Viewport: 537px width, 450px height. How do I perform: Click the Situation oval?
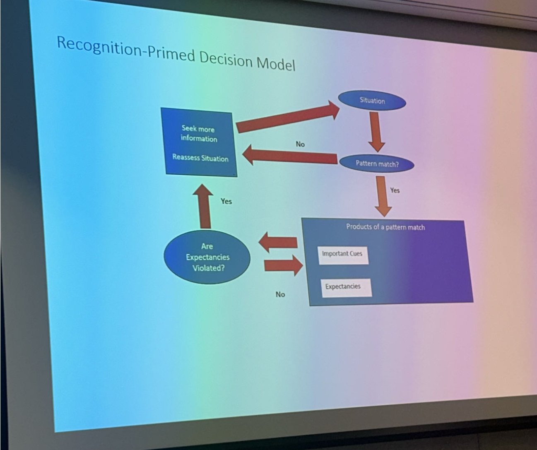tap(372, 101)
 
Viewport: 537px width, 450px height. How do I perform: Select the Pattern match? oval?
tap(377, 164)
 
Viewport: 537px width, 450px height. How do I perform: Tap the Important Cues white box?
tap(342, 254)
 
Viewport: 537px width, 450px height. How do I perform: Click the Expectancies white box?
tap(346, 286)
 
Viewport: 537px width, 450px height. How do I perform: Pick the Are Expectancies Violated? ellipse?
tap(207, 257)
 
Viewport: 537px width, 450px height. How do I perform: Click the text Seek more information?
tap(198, 134)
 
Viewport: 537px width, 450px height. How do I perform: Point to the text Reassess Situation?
tap(200, 158)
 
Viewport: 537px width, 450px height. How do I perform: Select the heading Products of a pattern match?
tap(385, 227)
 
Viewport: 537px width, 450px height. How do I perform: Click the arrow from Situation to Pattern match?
tap(376, 131)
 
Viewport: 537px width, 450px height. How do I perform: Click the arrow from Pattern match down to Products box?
tap(383, 196)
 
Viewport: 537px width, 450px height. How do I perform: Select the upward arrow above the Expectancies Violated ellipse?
tap(204, 206)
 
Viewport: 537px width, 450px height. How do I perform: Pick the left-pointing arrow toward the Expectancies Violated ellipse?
tap(278, 242)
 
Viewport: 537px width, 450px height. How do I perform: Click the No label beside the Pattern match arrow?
tap(300, 144)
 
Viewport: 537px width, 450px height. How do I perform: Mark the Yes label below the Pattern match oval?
tap(395, 190)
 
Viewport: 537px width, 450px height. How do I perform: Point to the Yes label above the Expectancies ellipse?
tap(226, 201)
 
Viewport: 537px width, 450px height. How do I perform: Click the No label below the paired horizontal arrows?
tap(280, 294)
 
